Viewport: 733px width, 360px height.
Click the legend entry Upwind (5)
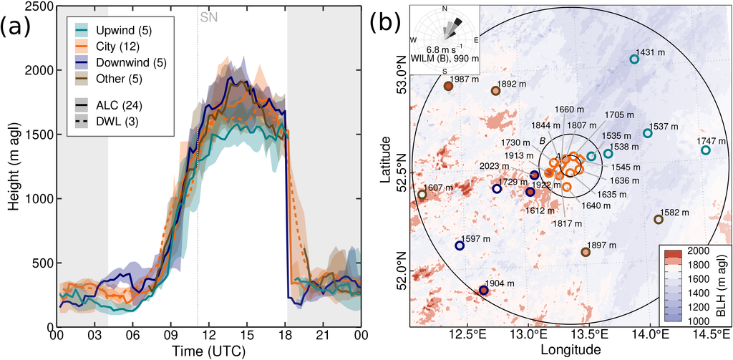(113, 31)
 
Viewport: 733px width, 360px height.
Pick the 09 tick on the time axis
(170, 335)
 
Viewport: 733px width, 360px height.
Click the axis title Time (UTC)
(208, 350)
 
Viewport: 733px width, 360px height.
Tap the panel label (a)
(16, 29)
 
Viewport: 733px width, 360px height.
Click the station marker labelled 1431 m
(634, 59)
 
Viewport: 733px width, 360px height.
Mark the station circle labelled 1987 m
(448, 86)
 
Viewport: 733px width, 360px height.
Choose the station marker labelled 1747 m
(705, 150)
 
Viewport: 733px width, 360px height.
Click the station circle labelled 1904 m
(483, 291)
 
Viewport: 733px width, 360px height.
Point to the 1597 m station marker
(460, 245)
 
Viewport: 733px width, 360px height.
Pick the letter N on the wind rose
(444, 9)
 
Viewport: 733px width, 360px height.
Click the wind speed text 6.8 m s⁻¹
(444, 49)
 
